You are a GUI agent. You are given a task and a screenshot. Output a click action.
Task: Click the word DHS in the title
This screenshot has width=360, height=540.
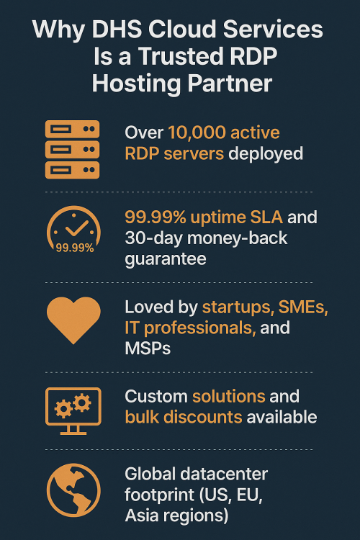[x=117, y=29]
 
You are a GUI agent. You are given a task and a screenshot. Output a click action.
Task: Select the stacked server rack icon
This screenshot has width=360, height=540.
[x=72, y=150]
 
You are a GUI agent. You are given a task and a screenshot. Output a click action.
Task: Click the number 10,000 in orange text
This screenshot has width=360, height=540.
[x=197, y=132]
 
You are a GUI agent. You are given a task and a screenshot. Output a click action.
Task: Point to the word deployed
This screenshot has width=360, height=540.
[x=266, y=153]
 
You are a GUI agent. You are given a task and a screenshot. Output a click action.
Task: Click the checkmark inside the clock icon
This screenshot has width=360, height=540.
[x=77, y=228]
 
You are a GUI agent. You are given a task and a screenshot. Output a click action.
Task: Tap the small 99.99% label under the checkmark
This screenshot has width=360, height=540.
[x=75, y=248]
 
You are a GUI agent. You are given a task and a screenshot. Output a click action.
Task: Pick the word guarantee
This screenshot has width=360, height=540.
[x=166, y=259]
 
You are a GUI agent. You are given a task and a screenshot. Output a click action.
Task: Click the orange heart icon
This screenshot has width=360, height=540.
[x=73, y=320]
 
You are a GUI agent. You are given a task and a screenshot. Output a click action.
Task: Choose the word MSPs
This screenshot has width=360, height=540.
[x=148, y=348]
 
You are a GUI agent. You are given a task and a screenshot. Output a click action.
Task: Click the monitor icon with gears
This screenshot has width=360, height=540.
[x=73, y=411]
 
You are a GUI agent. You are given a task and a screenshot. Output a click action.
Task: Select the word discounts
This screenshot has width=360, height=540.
[x=202, y=417]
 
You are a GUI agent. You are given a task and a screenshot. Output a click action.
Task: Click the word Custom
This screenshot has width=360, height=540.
[x=156, y=397]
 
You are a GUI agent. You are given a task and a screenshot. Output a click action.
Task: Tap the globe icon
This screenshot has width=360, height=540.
[x=73, y=490]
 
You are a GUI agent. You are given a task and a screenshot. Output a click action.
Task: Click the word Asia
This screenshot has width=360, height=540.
[x=142, y=516]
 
